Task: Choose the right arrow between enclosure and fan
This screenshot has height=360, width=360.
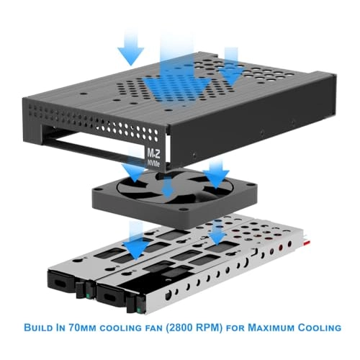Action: tap(214, 171)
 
